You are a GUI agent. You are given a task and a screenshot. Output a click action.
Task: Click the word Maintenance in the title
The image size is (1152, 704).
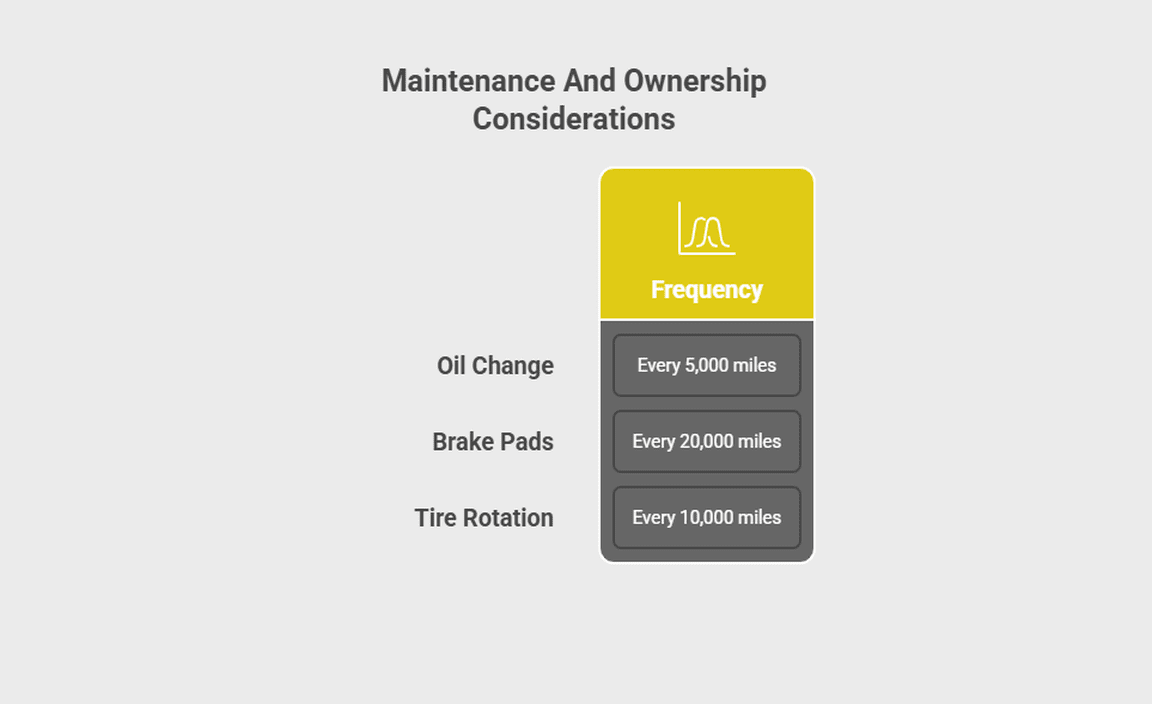point(469,81)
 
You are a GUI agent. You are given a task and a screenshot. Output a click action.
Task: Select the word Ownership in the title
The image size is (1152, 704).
point(695,82)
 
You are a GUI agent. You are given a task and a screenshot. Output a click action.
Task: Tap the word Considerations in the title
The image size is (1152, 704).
point(574,119)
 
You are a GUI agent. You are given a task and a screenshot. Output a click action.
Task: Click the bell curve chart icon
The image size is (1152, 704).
point(707,229)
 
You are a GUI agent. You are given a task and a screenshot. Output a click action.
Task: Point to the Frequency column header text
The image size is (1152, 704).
point(707,290)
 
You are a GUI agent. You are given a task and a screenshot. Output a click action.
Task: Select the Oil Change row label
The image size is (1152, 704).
point(495,365)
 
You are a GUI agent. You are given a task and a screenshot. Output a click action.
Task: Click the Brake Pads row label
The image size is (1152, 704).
point(493,442)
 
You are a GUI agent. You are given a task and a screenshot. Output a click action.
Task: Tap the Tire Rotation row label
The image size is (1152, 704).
point(484,517)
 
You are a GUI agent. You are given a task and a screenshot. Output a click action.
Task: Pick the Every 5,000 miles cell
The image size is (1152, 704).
point(707,365)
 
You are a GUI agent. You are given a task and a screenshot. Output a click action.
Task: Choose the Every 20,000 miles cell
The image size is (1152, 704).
point(707,442)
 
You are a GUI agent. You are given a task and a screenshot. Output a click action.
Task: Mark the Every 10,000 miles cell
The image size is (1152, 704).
point(707,517)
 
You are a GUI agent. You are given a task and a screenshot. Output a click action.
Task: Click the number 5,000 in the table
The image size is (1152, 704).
point(706,365)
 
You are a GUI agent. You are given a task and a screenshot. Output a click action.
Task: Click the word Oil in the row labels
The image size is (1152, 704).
point(451,365)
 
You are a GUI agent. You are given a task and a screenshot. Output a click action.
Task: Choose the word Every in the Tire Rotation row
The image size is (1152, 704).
point(654,518)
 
